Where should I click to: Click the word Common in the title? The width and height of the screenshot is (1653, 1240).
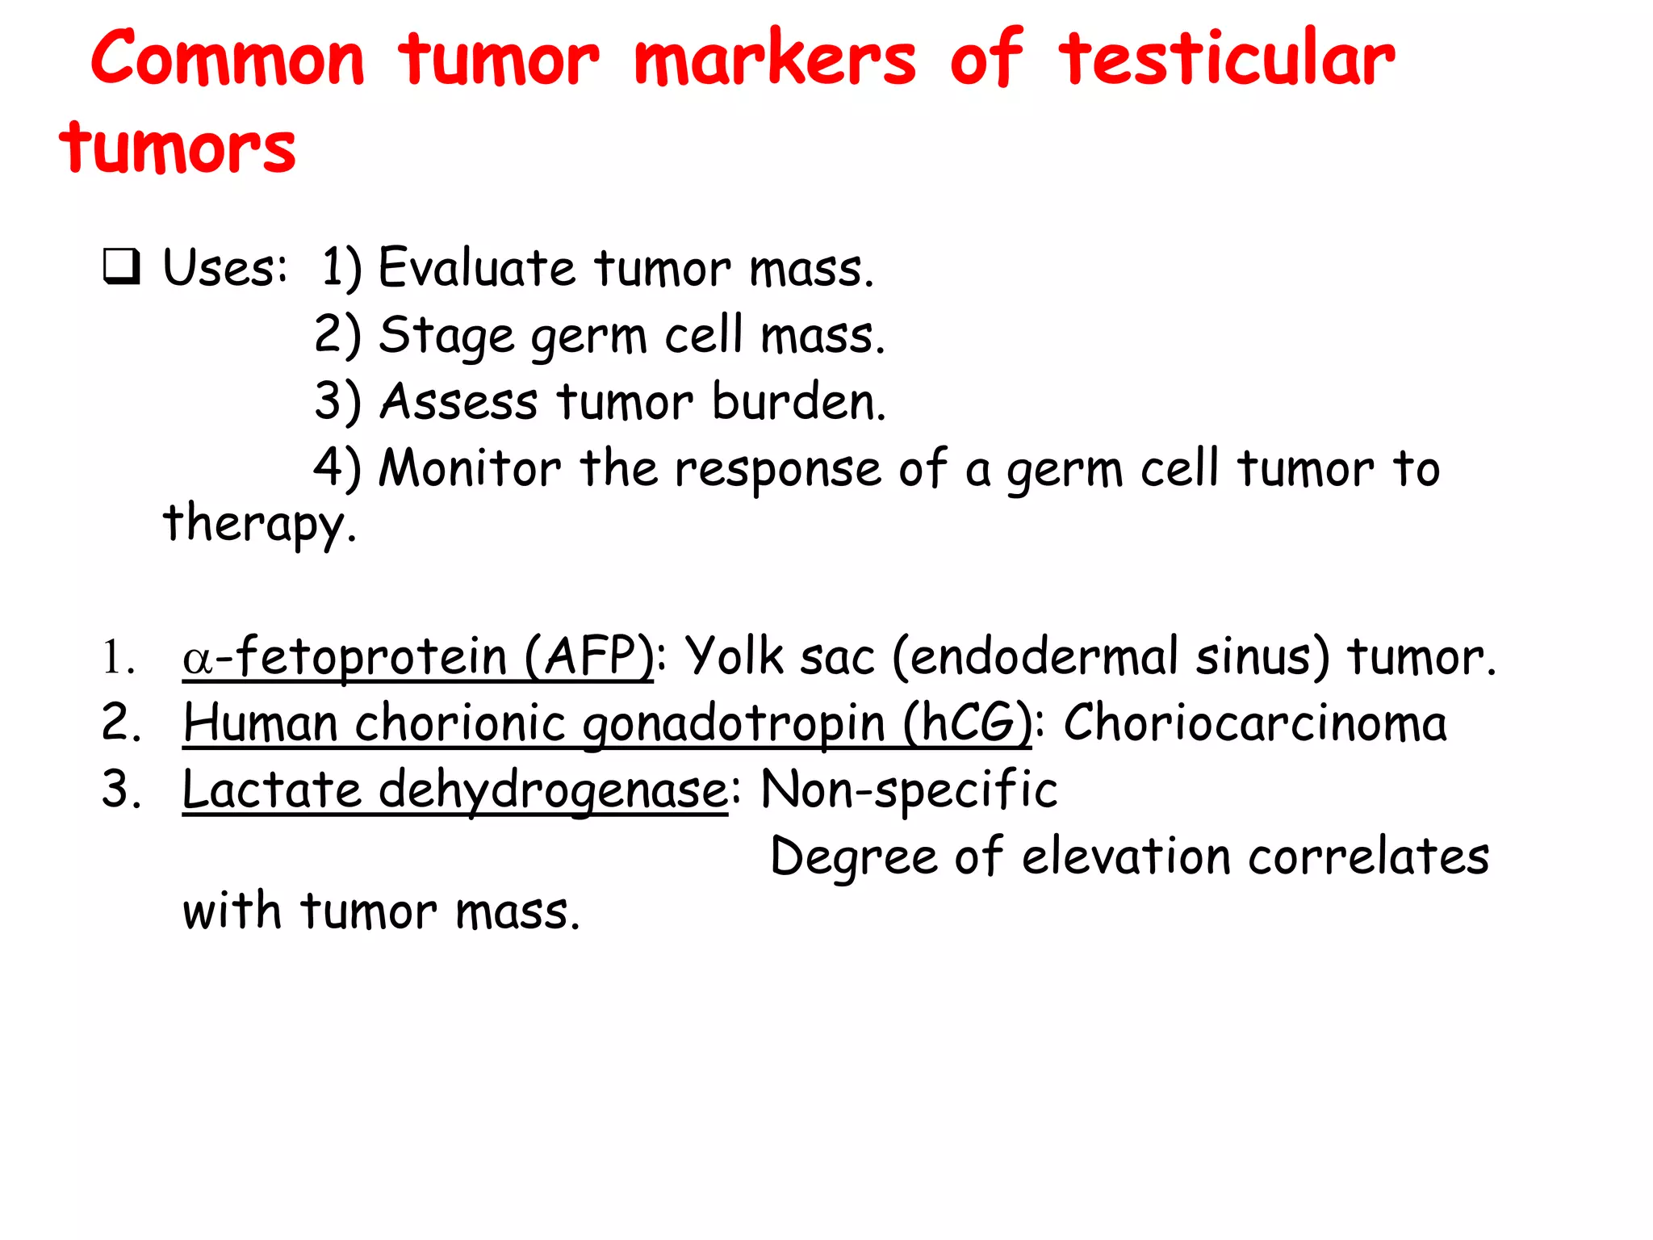[x=228, y=58]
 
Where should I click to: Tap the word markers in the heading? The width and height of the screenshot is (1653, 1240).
[x=774, y=58]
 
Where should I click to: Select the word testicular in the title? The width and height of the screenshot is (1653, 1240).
[x=1226, y=58]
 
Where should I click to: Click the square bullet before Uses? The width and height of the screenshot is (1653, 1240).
[x=122, y=268]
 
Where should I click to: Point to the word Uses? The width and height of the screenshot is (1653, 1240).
[x=224, y=268]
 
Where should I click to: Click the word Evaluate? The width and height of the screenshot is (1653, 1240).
[x=476, y=268]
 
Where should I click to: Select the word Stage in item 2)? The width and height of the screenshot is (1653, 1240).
[x=446, y=335]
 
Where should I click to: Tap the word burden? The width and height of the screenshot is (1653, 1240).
[x=798, y=401]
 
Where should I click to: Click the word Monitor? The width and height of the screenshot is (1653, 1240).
[x=470, y=468]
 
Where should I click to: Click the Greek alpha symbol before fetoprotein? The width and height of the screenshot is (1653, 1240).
[x=197, y=659]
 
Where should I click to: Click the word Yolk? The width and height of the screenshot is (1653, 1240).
[x=734, y=656]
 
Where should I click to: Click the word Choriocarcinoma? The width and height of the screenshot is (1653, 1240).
[x=1254, y=723]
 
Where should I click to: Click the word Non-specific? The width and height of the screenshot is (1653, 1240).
[x=909, y=790]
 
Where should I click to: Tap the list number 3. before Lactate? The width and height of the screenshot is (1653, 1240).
[x=121, y=790]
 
